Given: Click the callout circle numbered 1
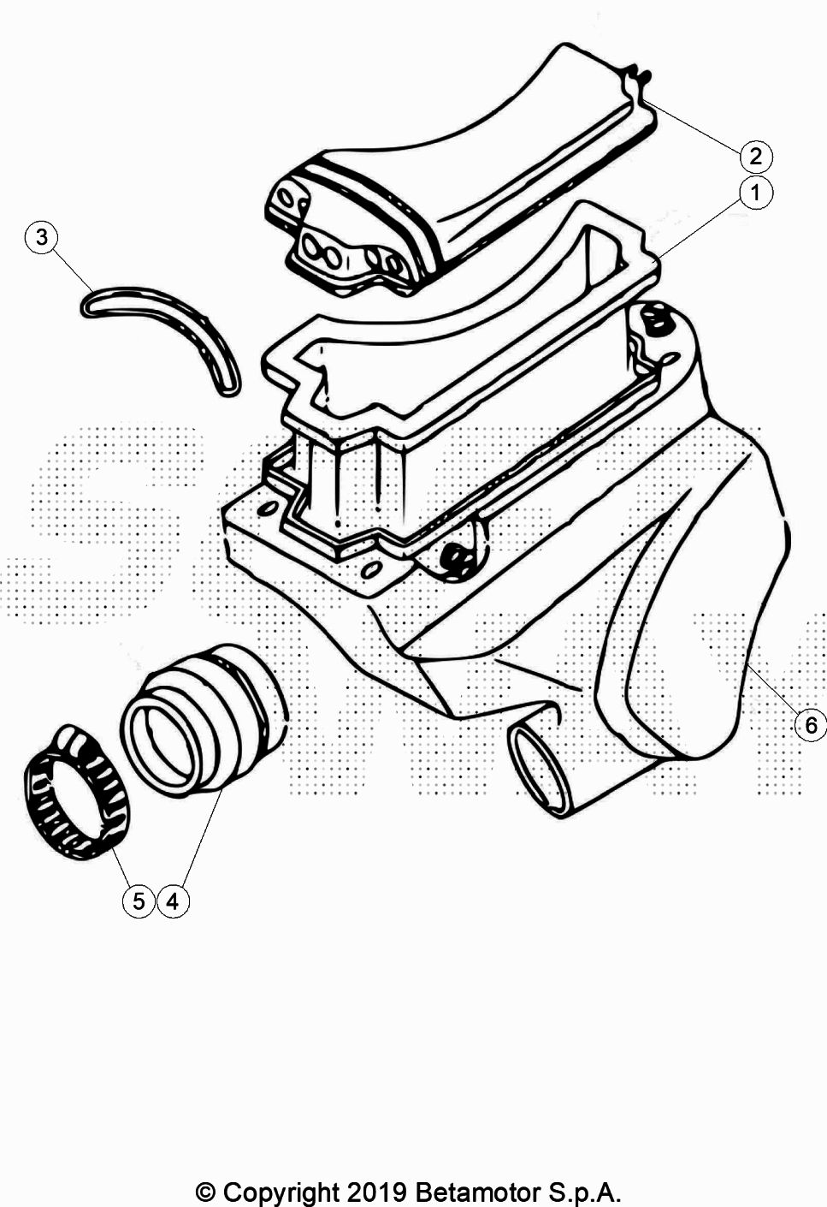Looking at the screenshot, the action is [x=755, y=193].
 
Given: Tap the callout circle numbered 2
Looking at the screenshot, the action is [x=756, y=157].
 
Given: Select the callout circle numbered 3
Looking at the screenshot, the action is [x=42, y=237].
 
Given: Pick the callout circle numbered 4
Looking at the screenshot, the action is [x=173, y=901].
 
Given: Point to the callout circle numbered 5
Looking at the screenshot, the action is [x=139, y=901].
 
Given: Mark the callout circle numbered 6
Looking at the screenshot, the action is [x=811, y=726].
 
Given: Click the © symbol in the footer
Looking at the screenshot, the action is [x=204, y=1192].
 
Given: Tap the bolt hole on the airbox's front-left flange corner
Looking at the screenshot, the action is [x=267, y=508].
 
